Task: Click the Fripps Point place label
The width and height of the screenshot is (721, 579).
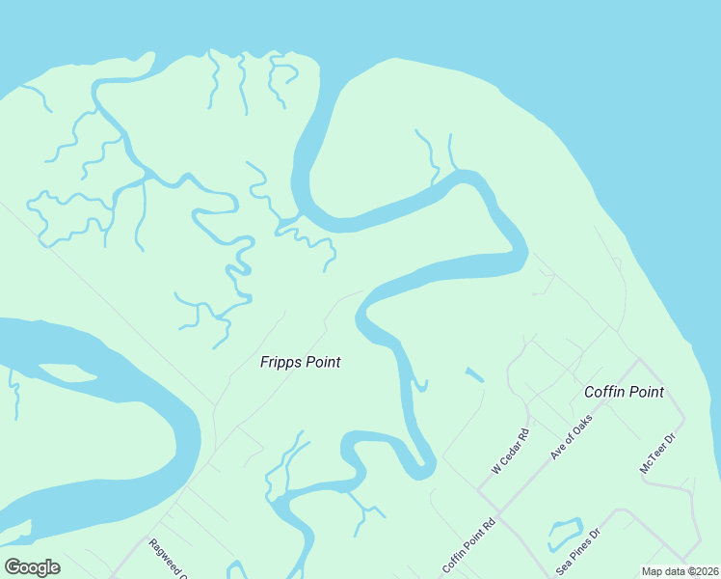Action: point(300,363)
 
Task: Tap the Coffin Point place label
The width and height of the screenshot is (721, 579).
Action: point(624,392)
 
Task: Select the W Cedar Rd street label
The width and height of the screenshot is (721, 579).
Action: point(511,451)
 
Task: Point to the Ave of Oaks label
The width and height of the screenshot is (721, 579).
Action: point(570,435)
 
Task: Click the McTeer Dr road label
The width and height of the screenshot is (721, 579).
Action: point(659,453)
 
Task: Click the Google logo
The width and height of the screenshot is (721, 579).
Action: point(32,567)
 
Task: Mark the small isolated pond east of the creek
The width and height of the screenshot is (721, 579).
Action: point(474,374)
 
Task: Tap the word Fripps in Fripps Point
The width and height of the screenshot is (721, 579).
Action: point(280,363)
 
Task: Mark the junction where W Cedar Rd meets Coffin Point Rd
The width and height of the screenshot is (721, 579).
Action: point(477,490)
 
